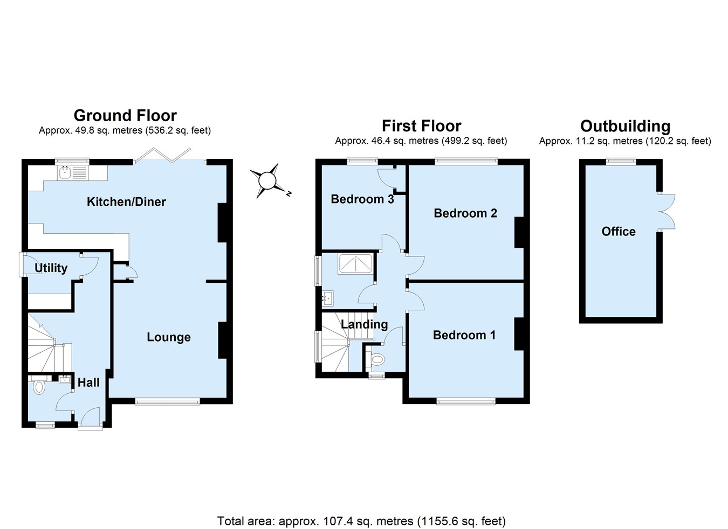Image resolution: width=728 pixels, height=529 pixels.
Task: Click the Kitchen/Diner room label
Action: [126, 201]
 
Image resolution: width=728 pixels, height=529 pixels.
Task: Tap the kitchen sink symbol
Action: [66, 172]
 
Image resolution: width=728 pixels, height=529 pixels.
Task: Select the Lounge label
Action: [169, 337]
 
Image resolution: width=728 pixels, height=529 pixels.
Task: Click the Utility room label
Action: [51, 268]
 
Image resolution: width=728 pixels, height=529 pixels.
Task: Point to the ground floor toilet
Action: [38, 387]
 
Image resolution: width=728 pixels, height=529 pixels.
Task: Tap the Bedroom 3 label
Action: [362, 199]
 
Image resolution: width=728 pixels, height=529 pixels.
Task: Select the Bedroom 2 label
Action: [465, 213]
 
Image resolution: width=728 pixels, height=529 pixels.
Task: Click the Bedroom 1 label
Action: [464, 335]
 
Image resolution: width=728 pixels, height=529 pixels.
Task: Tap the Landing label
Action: [364, 324]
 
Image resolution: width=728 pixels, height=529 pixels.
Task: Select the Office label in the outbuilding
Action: [619, 231]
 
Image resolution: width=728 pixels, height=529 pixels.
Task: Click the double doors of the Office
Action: [667, 212]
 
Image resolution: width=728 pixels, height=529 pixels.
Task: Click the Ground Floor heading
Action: [125, 115]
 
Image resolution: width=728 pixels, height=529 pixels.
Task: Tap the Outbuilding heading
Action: [625, 126]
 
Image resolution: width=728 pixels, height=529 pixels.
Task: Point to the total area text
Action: [361, 521]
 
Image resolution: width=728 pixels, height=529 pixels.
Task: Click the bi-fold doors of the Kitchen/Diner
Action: [162, 155]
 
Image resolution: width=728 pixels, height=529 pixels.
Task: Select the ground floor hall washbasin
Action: [65, 379]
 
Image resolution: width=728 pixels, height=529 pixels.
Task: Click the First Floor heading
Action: [421, 126]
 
